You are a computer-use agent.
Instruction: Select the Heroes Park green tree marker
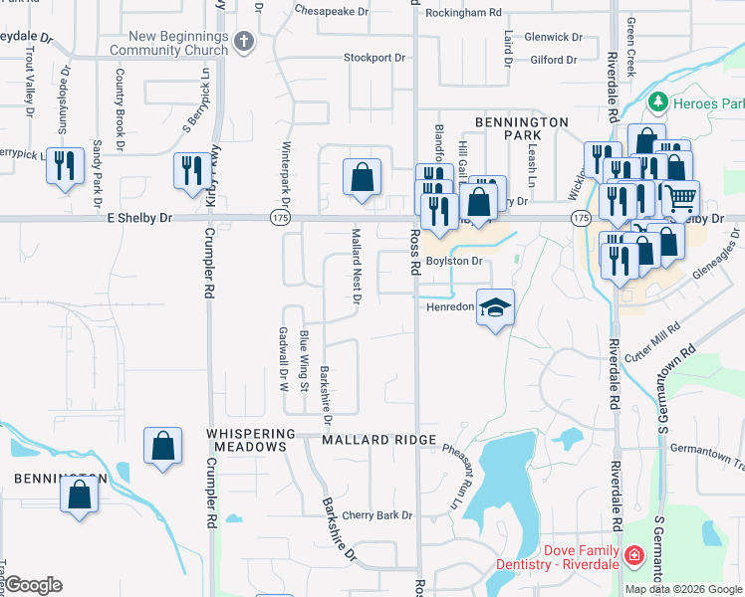click(x=657, y=102)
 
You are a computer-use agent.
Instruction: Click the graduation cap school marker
click(x=494, y=307)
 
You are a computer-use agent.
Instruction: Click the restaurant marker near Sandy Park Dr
click(x=65, y=166)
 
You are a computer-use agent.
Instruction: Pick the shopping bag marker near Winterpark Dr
click(x=362, y=178)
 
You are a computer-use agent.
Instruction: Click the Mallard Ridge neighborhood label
click(x=378, y=439)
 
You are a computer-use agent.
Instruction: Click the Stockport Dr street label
click(x=374, y=58)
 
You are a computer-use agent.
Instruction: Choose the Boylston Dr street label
click(x=454, y=262)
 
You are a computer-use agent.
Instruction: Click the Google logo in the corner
click(x=33, y=585)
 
